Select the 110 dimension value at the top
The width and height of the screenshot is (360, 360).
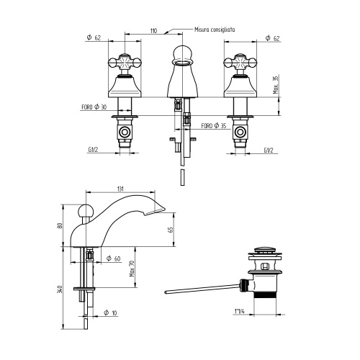153,31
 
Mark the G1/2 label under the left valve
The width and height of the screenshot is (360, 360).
94,150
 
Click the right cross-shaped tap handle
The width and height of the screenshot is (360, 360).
240,62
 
